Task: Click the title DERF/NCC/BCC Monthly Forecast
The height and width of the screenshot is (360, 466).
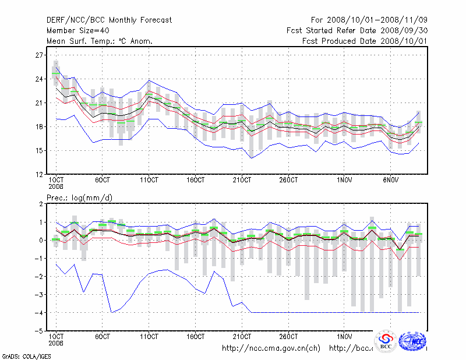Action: click(x=109, y=20)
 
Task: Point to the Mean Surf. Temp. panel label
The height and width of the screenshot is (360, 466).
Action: click(x=100, y=41)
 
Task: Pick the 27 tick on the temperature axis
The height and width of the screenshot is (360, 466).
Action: click(x=39, y=55)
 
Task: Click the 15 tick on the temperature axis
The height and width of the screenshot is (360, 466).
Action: click(x=39, y=150)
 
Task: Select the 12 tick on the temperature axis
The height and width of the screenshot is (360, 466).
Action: click(x=39, y=174)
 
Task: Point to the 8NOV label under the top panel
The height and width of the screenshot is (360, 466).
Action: click(x=392, y=179)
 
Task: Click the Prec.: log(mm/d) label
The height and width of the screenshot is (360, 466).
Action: click(x=79, y=198)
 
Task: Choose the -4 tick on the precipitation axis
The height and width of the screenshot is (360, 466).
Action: click(x=39, y=313)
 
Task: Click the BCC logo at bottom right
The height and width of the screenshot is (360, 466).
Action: click(x=386, y=341)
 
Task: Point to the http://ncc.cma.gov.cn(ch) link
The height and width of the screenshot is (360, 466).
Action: click(x=271, y=348)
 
